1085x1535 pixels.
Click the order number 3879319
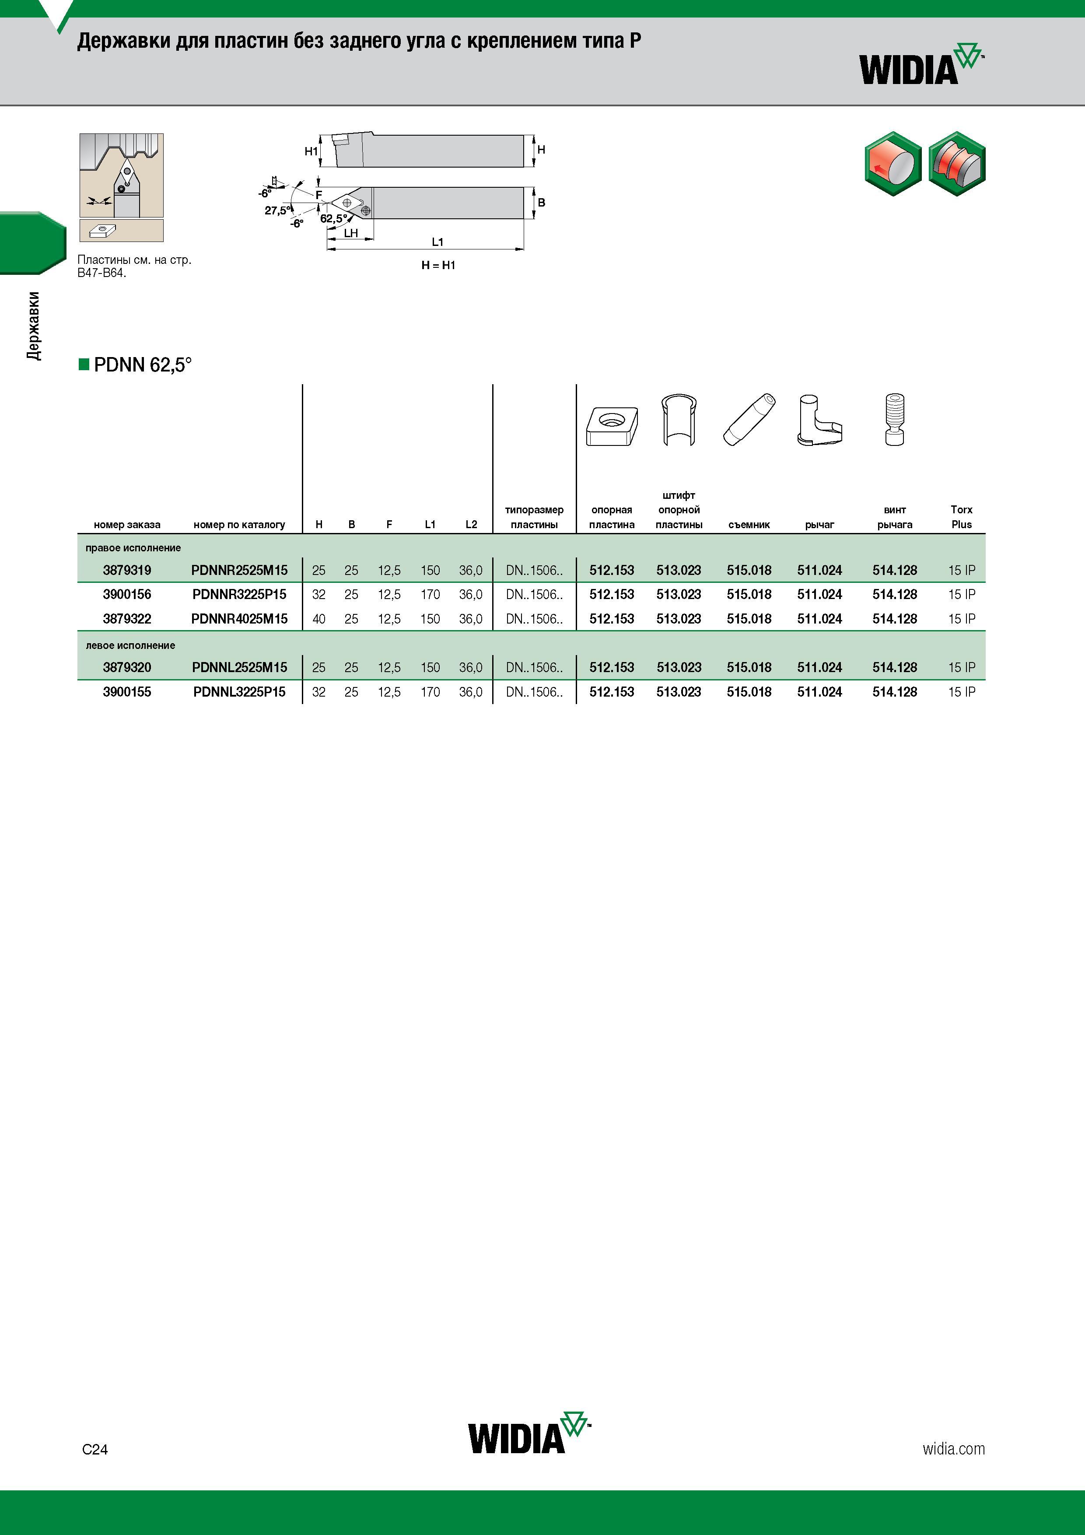click(x=127, y=570)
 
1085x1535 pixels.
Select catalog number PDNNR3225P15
click(x=239, y=594)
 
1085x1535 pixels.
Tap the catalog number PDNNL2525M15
click(x=239, y=667)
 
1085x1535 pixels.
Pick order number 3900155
click(x=127, y=692)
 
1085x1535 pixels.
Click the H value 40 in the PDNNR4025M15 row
click(x=319, y=619)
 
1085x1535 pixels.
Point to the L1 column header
click(x=430, y=525)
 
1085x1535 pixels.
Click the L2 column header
click(x=471, y=525)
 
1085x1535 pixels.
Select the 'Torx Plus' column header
click(x=961, y=517)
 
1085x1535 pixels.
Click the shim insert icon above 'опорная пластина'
click(x=612, y=425)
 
